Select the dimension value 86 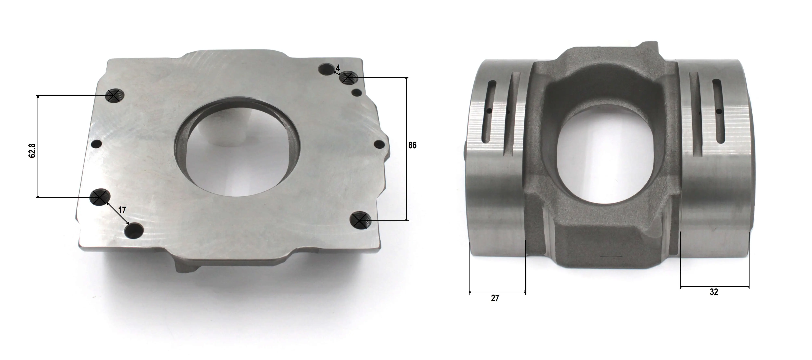coord(412,145)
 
